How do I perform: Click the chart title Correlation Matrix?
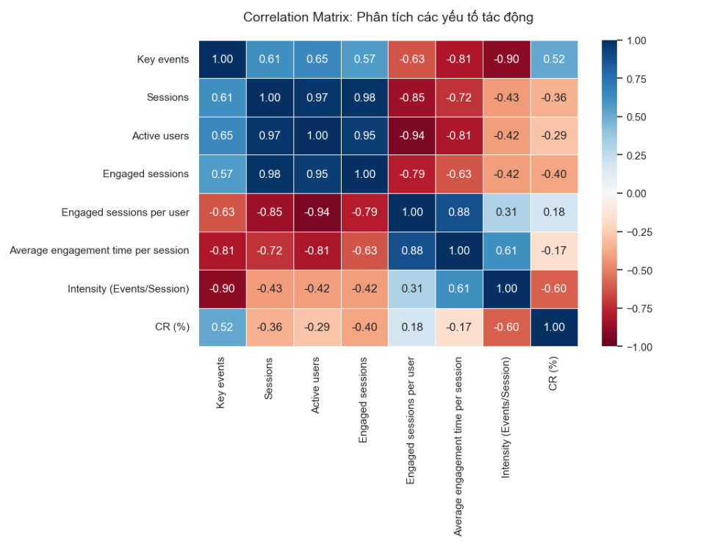(x=388, y=16)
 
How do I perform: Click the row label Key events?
(x=162, y=60)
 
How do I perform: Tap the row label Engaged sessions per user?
(x=125, y=212)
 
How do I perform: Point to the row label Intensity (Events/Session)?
(x=128, y=289)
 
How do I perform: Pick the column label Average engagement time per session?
(x=459, y=447)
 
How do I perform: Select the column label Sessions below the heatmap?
(x=269, y=379)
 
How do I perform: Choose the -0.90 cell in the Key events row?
(x=507, y=60)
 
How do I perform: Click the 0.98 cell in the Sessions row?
(x=364, y=98)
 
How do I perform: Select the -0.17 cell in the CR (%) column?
(x=554, y=251)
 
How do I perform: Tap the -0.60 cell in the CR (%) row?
(x=507, y=327)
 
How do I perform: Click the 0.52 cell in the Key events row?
(x=554, y=60)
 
